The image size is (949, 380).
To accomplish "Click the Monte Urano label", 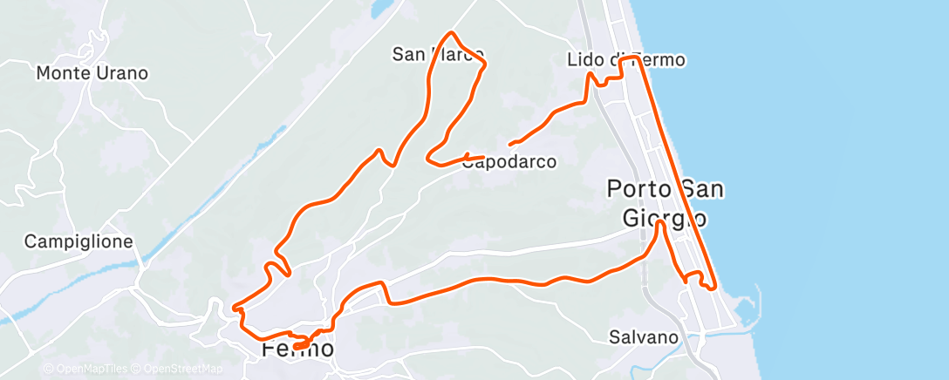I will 92,73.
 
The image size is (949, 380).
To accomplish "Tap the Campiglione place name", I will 79,241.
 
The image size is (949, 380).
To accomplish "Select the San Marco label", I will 438,55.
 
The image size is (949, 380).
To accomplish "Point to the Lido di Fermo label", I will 625,60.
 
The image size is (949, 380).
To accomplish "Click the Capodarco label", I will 515,161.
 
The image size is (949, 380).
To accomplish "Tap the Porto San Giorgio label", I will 665,203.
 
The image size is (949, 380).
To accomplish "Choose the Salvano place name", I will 644,336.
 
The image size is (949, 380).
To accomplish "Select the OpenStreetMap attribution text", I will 180,369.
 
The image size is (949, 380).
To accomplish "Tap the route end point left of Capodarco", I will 511,142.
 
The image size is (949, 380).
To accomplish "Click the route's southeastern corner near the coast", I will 713,286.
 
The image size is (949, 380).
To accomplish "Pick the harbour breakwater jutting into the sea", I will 755,301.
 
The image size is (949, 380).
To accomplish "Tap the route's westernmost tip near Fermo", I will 235,306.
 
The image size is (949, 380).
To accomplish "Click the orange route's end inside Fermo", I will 297,346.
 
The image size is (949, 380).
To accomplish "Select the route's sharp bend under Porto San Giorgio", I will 660,223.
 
